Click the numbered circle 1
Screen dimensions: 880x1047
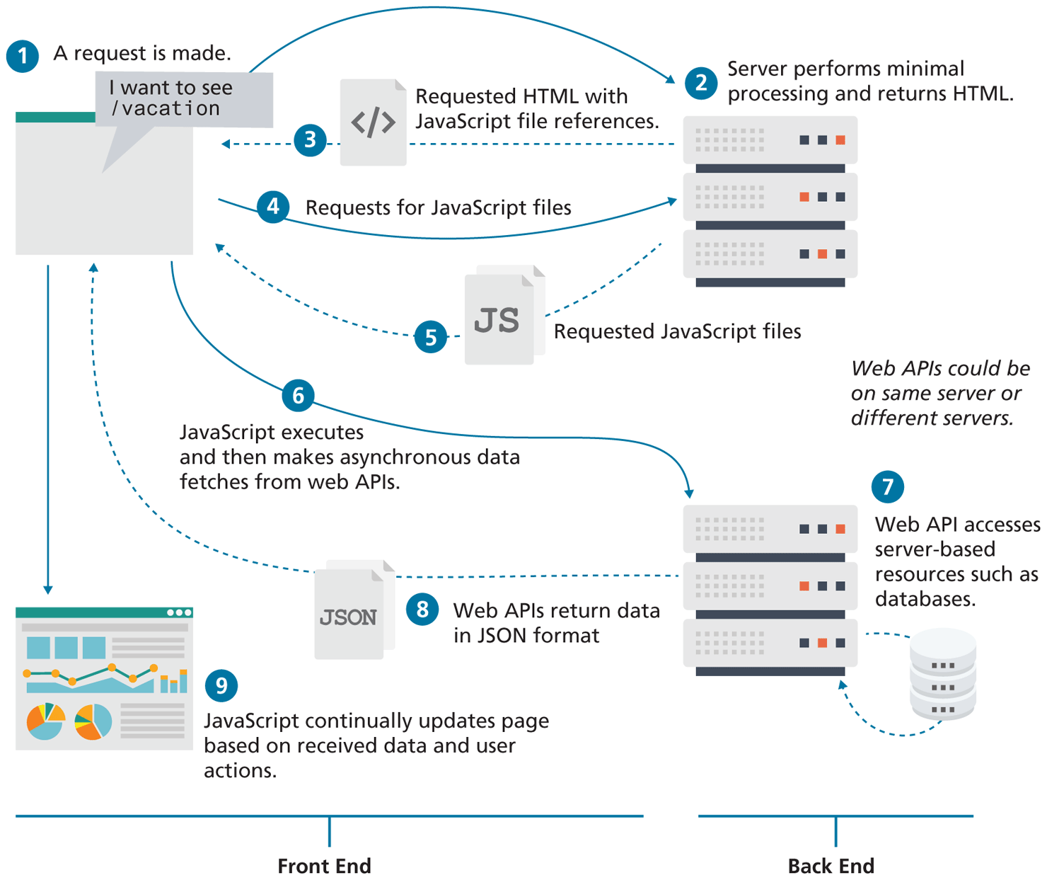click(23, 56)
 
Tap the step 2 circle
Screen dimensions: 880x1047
click(700, 84)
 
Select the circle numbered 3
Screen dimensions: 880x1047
click(310, 140)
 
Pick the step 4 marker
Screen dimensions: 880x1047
click(273, 207)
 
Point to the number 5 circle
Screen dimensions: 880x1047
click(430, 337)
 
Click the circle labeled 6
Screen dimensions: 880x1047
click(298, 395)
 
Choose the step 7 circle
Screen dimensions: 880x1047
click(887, 486)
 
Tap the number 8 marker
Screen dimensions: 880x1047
click(422, 610)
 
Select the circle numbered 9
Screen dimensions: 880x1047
click(221, 685)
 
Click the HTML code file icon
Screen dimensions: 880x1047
click(373, 122)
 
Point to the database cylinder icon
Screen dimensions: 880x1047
click(942, 674)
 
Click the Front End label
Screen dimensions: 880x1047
click(324, 866)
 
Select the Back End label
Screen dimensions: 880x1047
click(831, 866)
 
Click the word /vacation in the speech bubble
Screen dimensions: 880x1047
click(166, 108)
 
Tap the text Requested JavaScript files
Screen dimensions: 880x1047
click(677, 331)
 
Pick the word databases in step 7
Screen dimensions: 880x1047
click(925, 599)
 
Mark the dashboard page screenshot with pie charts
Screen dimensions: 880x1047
click(104, 678)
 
